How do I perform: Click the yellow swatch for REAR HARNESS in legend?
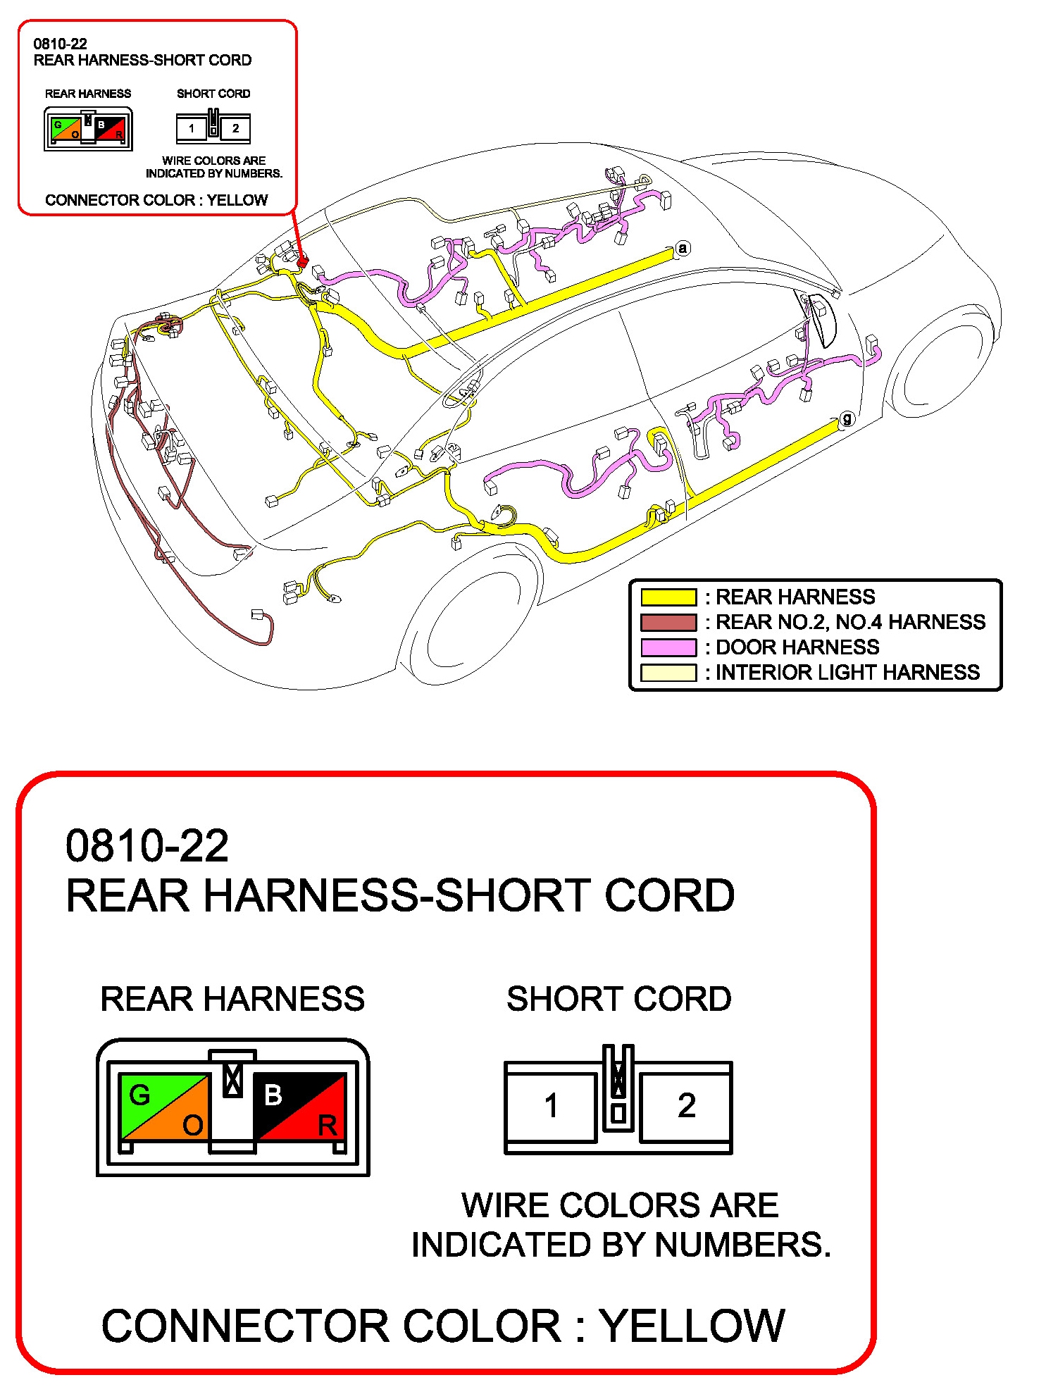668,597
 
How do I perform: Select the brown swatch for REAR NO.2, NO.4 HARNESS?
668,623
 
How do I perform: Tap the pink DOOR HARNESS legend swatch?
668,647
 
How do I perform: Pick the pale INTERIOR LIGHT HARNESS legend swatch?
668,673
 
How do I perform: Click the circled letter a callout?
682,249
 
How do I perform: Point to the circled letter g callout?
847,419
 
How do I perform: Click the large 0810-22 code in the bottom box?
147,845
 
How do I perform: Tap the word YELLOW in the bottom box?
692,1326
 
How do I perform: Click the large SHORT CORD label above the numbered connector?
618,999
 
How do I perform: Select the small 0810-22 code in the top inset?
60,44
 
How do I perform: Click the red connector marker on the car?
303,262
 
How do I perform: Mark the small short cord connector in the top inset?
213,127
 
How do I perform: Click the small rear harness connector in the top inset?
88,128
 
